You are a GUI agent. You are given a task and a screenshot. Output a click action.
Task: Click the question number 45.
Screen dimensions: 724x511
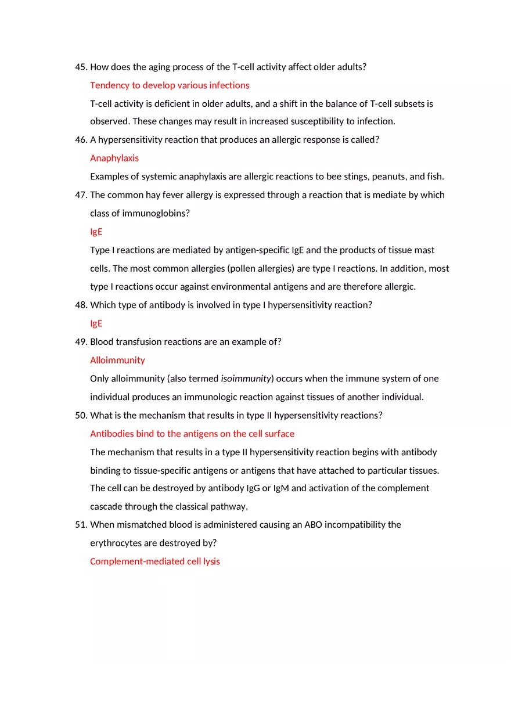[x=81, y=67]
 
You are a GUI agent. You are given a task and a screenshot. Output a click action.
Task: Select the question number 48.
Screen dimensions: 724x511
[x=81, y=305]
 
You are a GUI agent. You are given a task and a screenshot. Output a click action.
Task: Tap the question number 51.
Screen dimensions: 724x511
[x=81, y=525]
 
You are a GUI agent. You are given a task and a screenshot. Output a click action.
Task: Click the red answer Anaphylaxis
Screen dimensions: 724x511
[x=114, y=158]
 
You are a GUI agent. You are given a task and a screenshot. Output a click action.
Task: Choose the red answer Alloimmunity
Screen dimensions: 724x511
[x=117, y=360]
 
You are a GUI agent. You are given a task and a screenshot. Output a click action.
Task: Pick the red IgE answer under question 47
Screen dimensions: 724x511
[x=96, y=232]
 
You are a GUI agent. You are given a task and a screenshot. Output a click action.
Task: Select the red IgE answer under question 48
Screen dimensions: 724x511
[x=96, y=323]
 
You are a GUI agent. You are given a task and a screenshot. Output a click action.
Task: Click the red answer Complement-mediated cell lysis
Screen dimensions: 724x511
[x=155, y=561]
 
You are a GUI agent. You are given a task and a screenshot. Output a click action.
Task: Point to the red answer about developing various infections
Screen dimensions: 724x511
[x=170, y=85]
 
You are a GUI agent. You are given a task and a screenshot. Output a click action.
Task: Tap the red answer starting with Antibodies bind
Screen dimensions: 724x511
[x=192, y=434]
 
